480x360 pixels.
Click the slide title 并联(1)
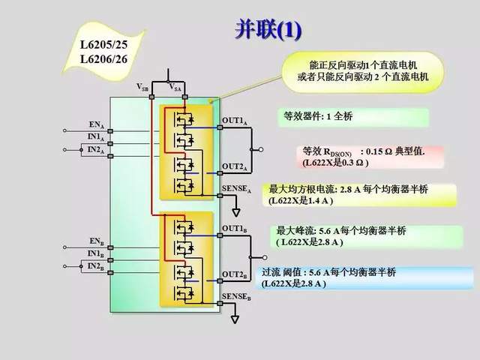[268, 29]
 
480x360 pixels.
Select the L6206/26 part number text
[106, 56]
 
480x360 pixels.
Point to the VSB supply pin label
[142, 88]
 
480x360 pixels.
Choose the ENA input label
[96, 124]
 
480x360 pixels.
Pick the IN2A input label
[95, 150]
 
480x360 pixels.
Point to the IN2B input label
[95, 266]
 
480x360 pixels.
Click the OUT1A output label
[235, 121]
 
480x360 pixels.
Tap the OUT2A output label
[235, 166]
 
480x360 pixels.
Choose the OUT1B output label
[235, 228]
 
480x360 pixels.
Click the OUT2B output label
[235, 274]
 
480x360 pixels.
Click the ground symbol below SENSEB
[235, 319]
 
